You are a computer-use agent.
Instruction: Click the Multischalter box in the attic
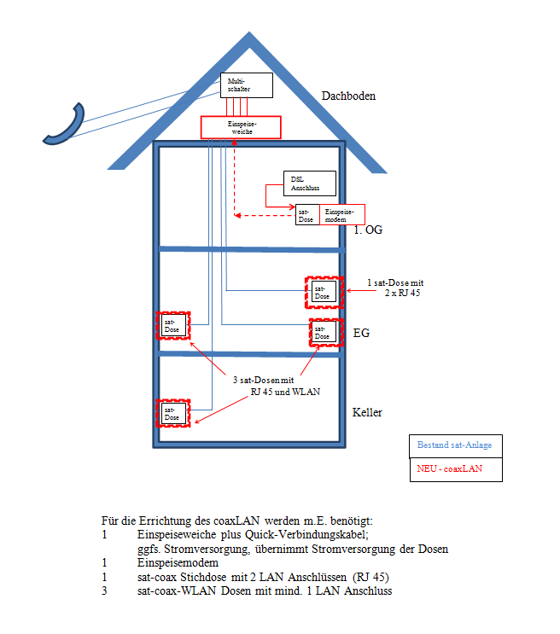coord(247,84)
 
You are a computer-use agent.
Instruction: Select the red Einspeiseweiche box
coord(241,127)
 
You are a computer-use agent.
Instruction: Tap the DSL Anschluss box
coord(309,183)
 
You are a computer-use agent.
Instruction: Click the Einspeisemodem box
coord(342,214)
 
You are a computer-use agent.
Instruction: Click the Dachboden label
coord(347,96)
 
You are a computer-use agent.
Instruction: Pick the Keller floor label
coord(367,413)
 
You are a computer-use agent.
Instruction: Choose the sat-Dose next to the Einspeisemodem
coord(306,214)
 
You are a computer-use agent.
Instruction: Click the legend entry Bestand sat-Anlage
coord(455,445)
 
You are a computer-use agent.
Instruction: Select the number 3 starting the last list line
coord(103,591)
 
